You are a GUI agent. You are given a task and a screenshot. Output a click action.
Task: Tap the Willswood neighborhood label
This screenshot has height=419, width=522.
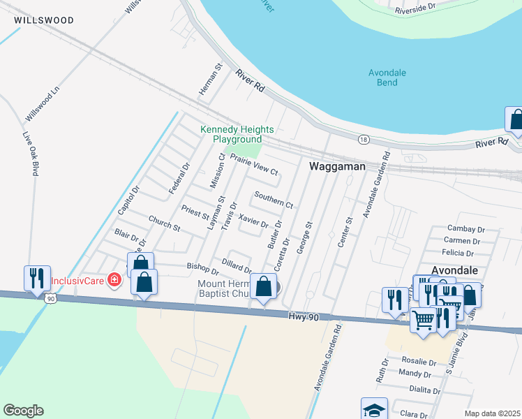click(x=43, y=21)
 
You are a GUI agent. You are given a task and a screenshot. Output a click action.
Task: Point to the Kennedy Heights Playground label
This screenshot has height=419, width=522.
click(x=237, y=134)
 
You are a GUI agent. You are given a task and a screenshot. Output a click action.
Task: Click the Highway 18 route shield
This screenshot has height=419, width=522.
click(x=364, y=140)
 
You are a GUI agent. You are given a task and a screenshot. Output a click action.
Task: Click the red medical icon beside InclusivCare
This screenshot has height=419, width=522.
click(x=114, y=281)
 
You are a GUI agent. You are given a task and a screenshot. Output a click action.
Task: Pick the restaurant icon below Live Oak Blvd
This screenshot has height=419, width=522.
click(x=36, y=278)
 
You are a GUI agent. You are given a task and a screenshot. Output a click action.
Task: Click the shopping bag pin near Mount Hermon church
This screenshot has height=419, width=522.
click(x=263, y=286)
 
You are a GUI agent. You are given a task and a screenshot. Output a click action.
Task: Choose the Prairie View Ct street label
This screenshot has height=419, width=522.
click(x=254, y=165)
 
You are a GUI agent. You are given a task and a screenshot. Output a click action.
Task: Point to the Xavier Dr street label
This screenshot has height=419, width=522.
click(x=253, y=221)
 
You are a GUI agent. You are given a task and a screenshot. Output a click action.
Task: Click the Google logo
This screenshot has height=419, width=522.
click(x=23, y=411)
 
